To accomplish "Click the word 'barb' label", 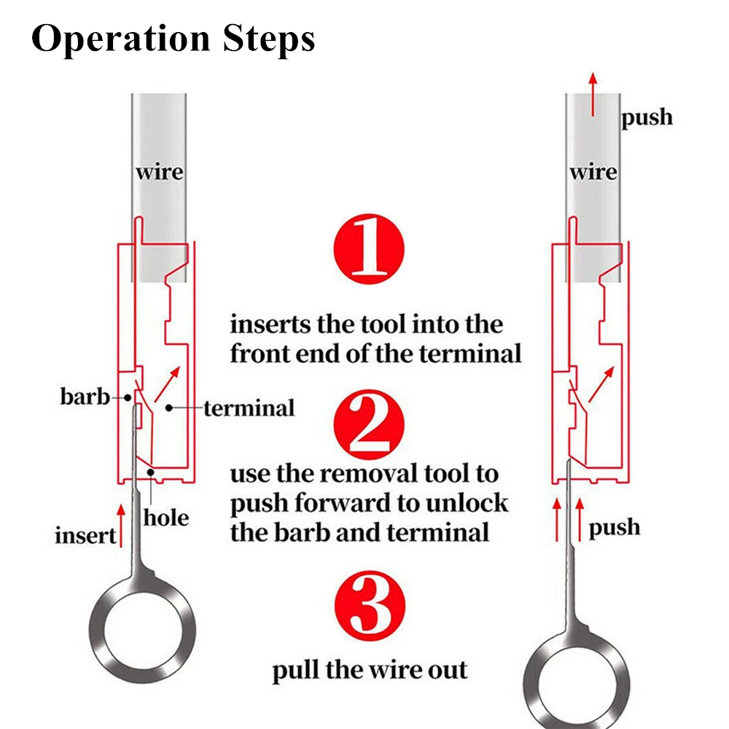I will coord(84,397).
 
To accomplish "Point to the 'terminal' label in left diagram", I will coord(249,408).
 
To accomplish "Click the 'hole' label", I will coord(165,518).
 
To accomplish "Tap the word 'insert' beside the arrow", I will coord(85,536).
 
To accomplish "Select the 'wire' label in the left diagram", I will coord(159,173).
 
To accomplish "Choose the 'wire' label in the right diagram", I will coord(593,173).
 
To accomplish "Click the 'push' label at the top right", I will coord(647,117).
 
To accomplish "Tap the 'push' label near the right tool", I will coord(615,527).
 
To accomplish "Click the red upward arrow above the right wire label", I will coord(593,94).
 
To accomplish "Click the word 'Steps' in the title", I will coord(270,39).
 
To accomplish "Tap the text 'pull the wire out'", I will coord(370,669).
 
